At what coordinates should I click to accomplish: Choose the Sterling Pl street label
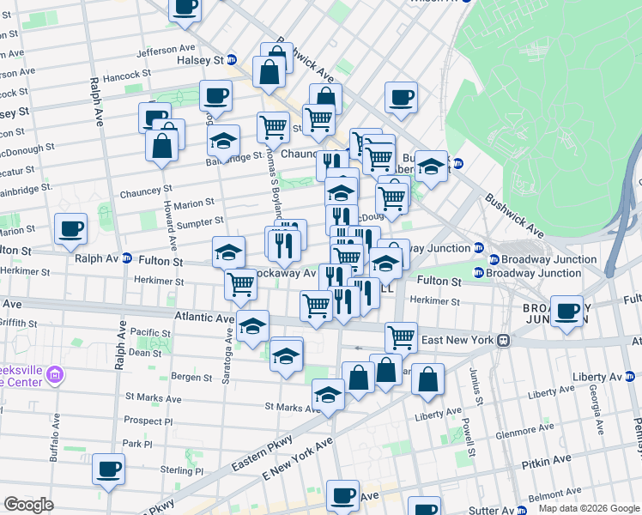186,471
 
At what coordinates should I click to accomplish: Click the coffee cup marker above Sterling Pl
109,469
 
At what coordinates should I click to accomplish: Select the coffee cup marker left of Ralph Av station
70,228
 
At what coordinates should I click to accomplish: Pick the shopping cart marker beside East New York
401,336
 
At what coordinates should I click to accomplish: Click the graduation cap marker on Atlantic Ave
252,326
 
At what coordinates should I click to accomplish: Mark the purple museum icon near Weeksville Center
56,374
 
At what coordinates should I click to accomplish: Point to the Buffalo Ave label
54,437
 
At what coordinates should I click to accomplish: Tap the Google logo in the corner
28,505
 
